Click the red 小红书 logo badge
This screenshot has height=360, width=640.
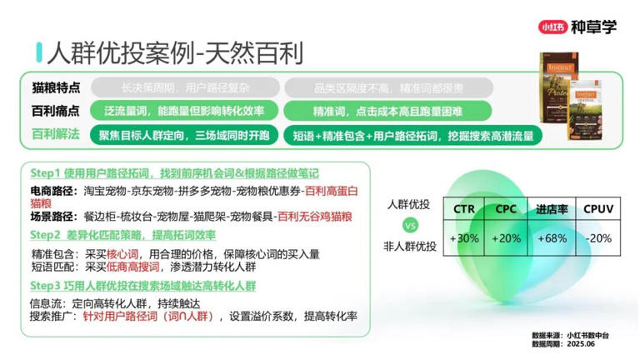(553, 27)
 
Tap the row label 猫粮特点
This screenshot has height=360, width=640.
(56, 87)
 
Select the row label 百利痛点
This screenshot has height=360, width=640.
(56, 111)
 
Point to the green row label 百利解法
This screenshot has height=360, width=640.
(56, 134)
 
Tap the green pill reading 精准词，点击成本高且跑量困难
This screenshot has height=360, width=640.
(387, 111)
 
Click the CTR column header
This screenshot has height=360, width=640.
(463, 209)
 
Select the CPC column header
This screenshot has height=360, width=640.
(507, 209)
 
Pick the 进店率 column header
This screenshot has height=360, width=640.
(552, 209)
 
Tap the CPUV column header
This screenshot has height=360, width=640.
(598, 209)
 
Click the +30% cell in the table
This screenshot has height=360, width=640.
(463, 238)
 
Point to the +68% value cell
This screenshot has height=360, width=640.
(552, 238)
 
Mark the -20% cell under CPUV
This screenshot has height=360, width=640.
(598, 238)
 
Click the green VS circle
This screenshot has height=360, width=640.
(408, 225)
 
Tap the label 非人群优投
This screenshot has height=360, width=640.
(408, 246)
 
